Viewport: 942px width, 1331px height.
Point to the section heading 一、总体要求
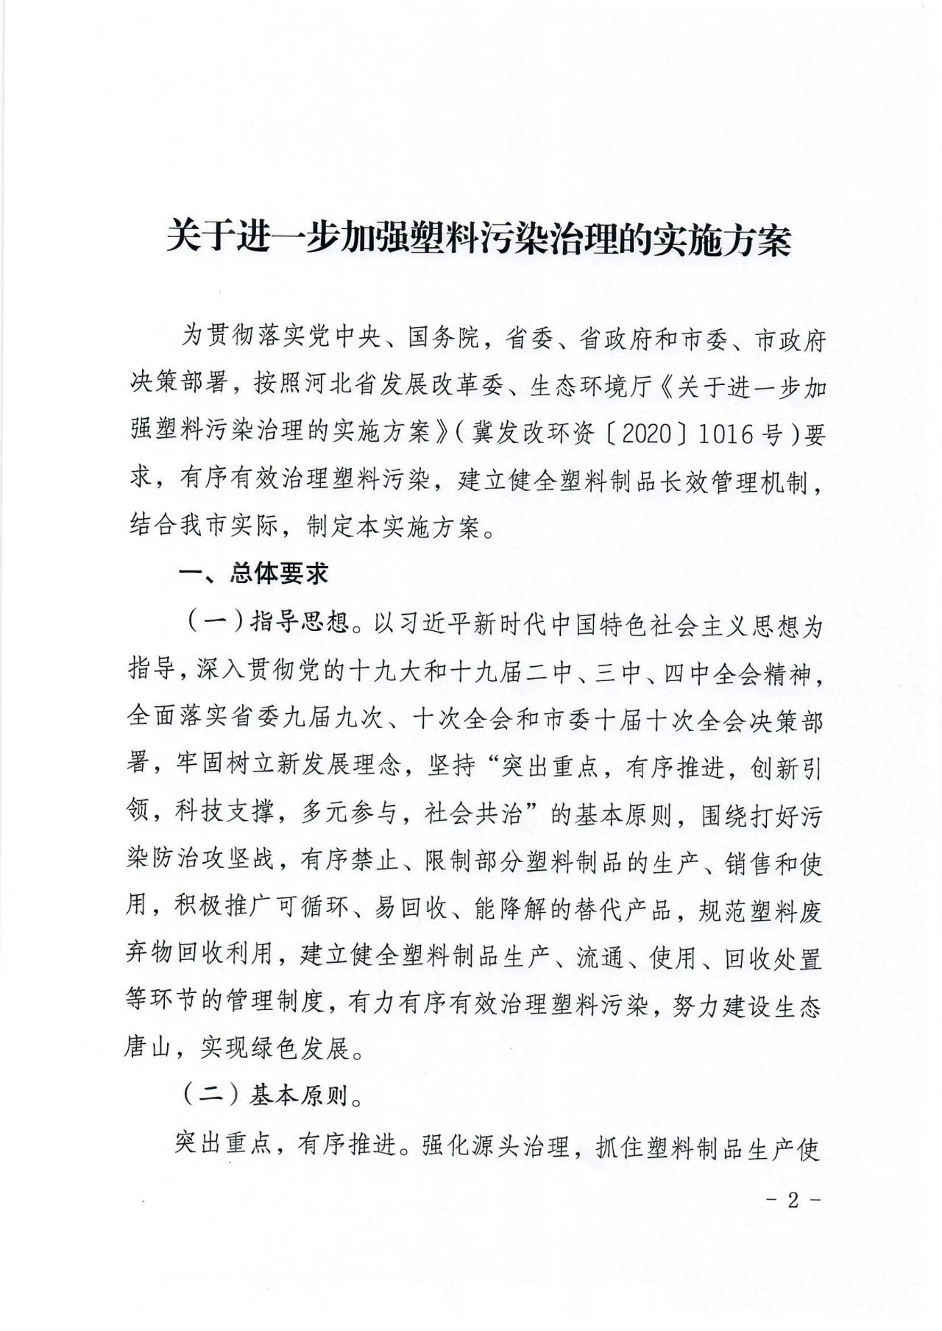coord(255,574)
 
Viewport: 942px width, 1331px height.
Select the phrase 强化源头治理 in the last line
coord(496,1147)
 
